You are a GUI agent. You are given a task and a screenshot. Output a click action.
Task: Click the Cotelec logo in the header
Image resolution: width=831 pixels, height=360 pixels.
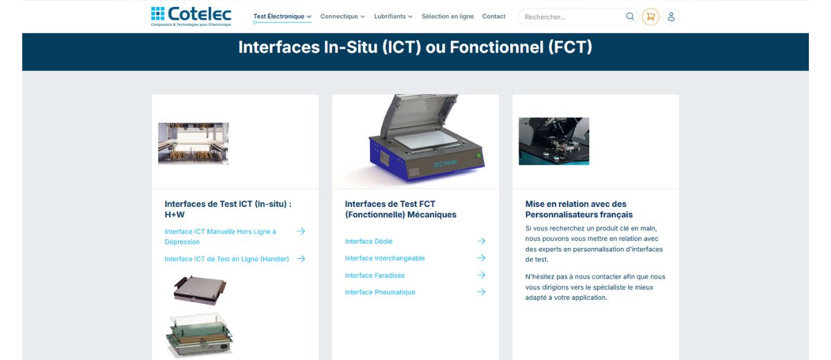pos(191,16)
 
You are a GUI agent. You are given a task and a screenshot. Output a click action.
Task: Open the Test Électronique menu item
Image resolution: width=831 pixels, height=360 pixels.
pos(282,17)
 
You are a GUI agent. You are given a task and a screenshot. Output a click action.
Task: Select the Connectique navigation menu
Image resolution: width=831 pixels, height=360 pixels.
pos(342,17)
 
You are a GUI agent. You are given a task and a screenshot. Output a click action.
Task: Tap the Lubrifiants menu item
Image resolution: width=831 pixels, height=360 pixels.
pos(393,17)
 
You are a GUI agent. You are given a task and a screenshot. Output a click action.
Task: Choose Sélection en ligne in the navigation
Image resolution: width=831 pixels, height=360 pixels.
pos(447,17)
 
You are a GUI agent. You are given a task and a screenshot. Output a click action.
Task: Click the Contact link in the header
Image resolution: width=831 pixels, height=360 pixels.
pos(494,17)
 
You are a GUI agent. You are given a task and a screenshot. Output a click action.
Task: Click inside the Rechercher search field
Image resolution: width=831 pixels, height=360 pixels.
pos(571,17)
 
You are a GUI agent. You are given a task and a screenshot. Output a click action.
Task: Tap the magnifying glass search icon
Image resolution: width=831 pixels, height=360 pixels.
pos(629,17)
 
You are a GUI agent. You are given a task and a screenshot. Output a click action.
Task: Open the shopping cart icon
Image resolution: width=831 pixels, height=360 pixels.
pos(650,17)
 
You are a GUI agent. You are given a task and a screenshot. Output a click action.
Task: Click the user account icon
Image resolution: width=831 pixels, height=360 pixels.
pos(671,17)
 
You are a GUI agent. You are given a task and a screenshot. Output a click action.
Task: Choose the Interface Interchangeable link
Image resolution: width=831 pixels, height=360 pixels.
pos(384,258)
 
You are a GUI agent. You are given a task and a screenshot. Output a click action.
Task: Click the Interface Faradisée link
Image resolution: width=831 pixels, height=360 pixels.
pos(375,276)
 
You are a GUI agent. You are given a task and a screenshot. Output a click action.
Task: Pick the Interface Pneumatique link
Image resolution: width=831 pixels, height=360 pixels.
pos(380,292)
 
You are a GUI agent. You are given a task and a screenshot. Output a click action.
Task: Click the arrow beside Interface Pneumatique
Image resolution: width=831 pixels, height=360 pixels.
pos(481,292)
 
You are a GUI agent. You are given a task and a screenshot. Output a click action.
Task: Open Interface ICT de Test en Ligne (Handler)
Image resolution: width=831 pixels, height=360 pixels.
pos(226,259)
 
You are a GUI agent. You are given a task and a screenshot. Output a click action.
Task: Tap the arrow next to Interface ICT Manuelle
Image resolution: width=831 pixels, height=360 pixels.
pos(301,231)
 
